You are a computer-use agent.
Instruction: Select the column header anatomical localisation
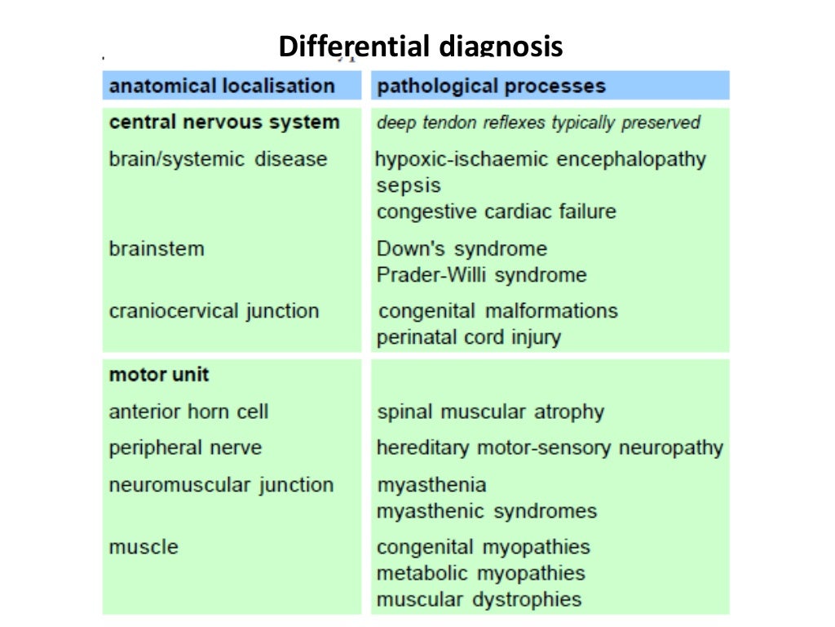(x=222, y=86)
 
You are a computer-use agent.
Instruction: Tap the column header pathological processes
(x=491, y=86)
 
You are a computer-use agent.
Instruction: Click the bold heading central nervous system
(x=224, y=122)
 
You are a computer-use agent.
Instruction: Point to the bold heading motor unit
(x=159, y=375)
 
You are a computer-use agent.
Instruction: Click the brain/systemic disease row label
(x=218, y=158)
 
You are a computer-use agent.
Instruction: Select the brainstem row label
(x=157, y=248)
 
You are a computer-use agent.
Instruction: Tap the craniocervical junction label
(x=214, y=311)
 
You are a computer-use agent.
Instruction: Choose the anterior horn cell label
(x=188, y=411)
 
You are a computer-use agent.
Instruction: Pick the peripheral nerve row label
(x=185, y=447)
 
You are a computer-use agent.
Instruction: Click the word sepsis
(x=409, y=185)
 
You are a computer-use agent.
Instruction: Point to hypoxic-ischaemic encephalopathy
(x=541, y=158)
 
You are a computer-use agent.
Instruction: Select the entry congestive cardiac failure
(x=496, y=211)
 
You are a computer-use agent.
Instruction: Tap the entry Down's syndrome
(x=462, y=248)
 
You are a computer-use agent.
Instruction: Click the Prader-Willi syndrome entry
(x=481, y=275)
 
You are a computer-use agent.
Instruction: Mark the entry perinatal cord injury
(x=468, y=337)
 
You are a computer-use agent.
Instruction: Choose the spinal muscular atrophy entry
(x=490, y=411)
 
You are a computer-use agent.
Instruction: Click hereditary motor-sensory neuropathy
(x=550, y=447)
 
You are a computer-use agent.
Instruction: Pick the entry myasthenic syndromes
(x=486, y=511)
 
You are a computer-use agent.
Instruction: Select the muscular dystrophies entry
(x=479, y=599)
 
